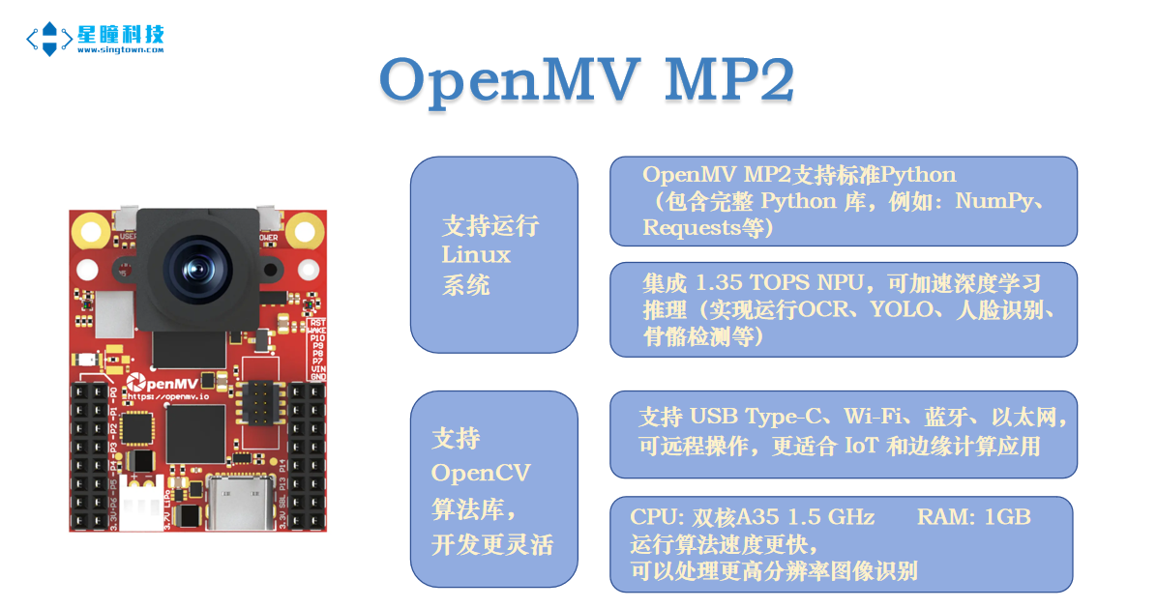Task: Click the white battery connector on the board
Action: point(148,501)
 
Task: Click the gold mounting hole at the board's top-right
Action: point(305,231)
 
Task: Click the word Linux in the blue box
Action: point(475,255)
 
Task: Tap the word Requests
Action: point(694,227)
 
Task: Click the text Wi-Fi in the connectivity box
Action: point(875,417)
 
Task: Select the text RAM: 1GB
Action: point(973,517)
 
